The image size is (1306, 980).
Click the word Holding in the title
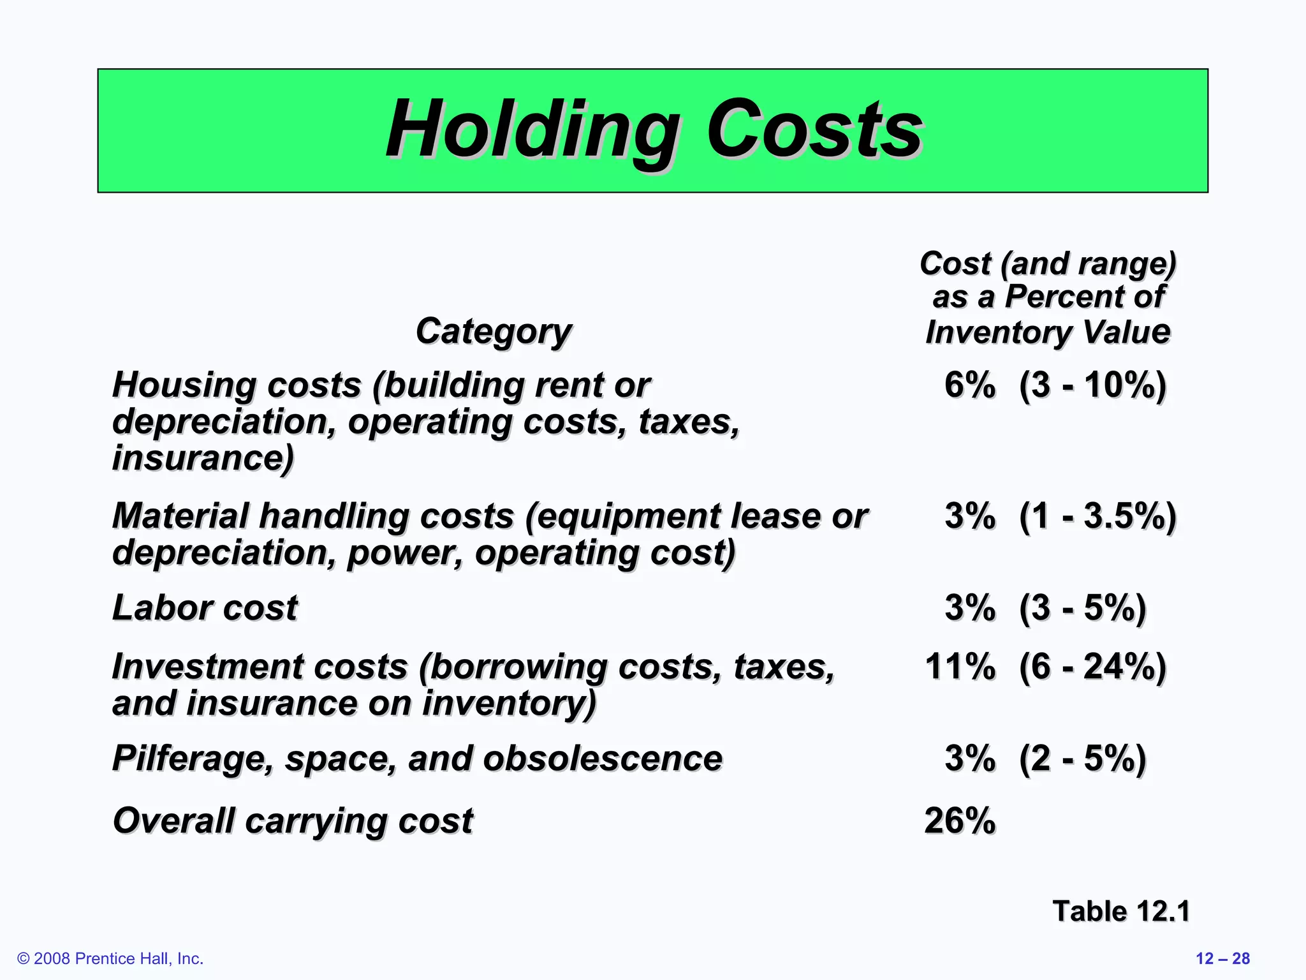[532, 130]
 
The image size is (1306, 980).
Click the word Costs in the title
[814, 130]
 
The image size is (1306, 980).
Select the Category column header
[494, 331]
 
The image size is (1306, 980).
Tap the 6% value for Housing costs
[969, 385]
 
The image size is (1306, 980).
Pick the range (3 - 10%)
[1092, 385]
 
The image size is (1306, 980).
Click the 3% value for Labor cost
[969, 607]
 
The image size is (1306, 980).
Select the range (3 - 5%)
[1082, 607]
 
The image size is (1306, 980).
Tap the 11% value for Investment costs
[960, 667]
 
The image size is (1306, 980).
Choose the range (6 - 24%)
[1092, 667]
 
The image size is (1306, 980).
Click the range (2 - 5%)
[1082, 759]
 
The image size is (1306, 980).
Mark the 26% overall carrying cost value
[960, 820]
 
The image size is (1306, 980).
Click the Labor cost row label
[205, 607]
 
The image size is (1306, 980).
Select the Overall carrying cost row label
[293, 820]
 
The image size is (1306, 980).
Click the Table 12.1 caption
[1120, 911]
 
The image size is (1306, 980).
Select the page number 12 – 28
[1222, 958]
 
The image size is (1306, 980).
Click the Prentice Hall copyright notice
[110, 958]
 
